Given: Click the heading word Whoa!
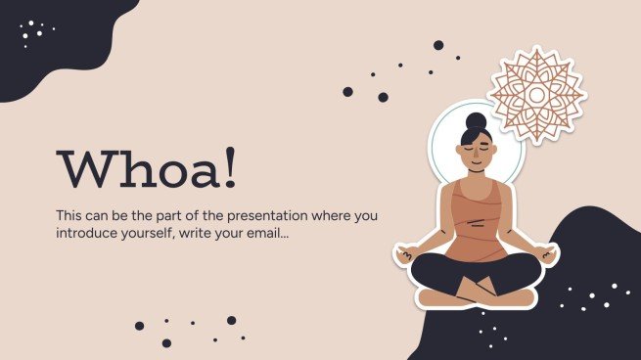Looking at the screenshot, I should click(x=146, y=170).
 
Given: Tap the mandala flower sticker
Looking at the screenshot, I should click(x=535, y=96).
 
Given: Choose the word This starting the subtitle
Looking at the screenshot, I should click(x=69, y=214).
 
